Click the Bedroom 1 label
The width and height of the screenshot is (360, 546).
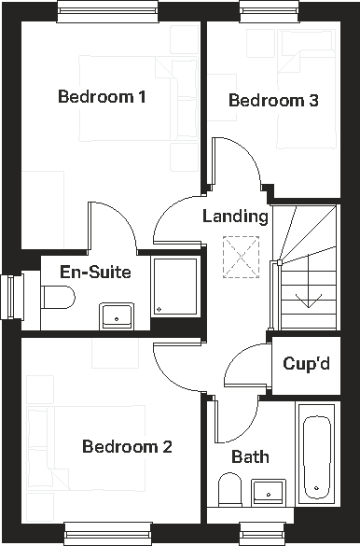point(102,96)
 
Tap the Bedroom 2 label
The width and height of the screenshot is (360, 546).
point(127,447)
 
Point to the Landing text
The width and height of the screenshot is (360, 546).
point(235,217)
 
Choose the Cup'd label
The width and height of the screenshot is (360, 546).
point(307,363)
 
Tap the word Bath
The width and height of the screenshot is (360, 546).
point(250,456)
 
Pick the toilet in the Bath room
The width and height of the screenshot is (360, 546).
point(229,489)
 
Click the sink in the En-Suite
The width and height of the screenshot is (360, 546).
point(117,315)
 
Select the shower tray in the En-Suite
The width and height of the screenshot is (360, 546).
point(174,287)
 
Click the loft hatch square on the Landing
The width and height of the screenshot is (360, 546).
point(234,252)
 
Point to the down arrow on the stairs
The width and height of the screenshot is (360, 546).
point(303,299)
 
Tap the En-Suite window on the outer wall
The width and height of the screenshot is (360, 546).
point(12,297)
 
